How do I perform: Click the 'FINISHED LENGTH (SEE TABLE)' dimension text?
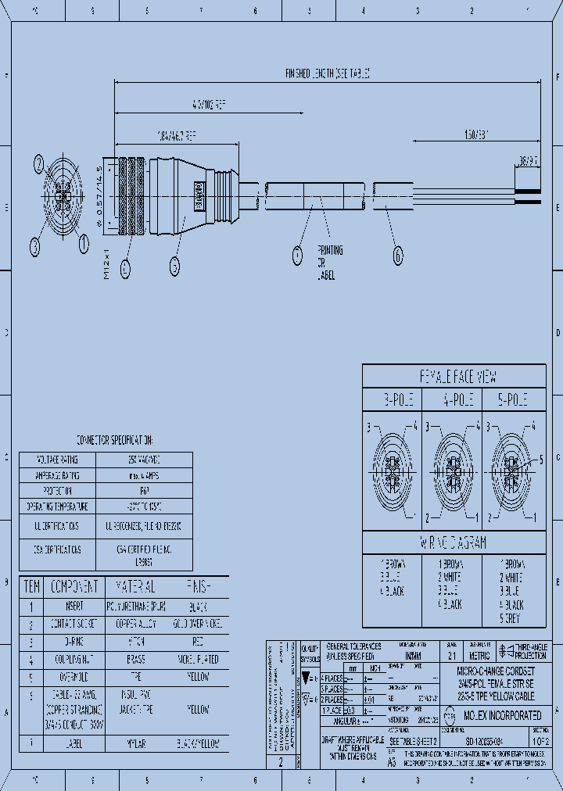tap(326, 73)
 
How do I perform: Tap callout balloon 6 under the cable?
tap(397, 255)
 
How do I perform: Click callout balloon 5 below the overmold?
tap(174, 267)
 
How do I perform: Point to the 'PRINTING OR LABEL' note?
tap(330, 263)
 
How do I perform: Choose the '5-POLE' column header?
tap(512, 400)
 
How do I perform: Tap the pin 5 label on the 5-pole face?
tap(540, 461)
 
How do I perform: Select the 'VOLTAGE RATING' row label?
tap(58, 460)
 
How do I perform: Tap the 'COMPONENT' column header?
tap(74, 587)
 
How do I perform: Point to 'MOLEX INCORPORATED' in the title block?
tap(503, 715)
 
